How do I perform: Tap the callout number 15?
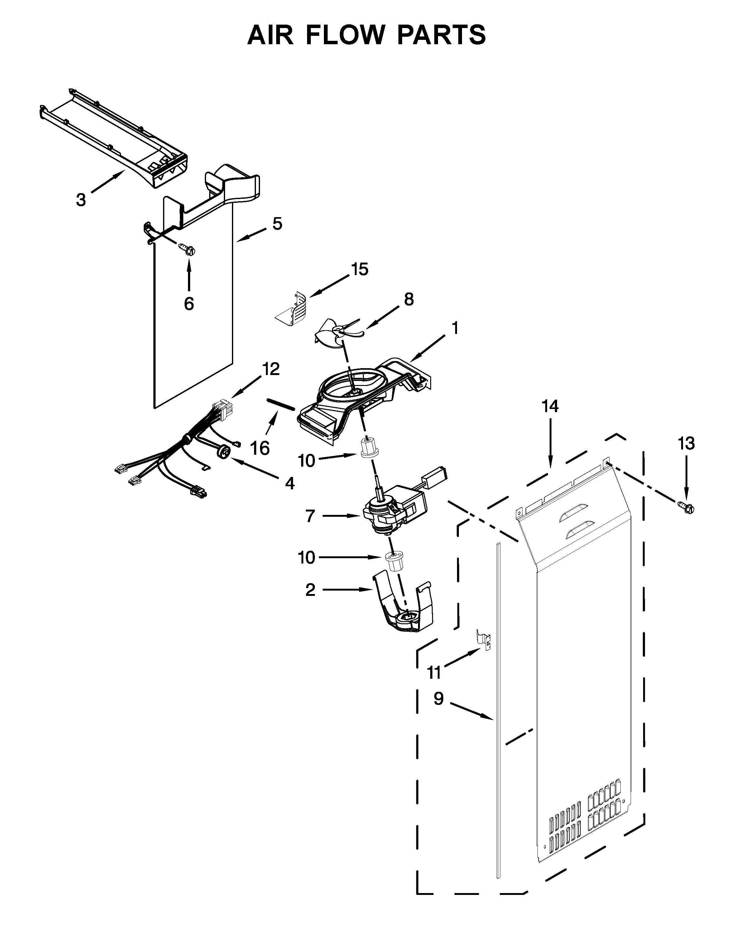pyautogui.click(x=360, y=269)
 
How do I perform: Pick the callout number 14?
pyautogui.click(x=550, y=406)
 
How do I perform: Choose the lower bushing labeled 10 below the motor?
pyautogui.click(x=395, y=562)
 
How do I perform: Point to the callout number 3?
pyautogui.click(x=81, y=200)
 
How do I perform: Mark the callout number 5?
pyautogui.click(x=277, y=224)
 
